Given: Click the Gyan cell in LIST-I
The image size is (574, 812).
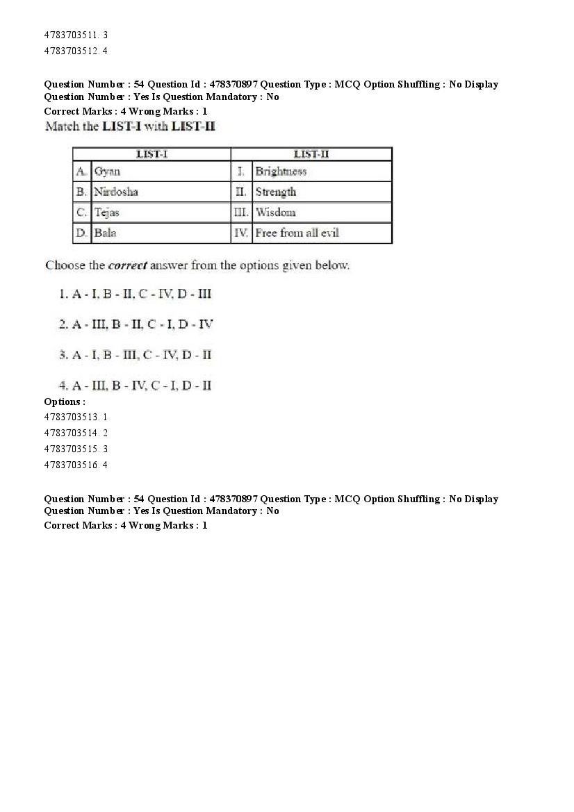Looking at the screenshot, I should [107, 172].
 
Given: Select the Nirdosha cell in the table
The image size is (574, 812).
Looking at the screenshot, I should [116, 192].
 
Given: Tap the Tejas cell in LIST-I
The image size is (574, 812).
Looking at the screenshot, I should [107, 213].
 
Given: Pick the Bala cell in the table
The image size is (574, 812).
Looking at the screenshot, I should [106, 233].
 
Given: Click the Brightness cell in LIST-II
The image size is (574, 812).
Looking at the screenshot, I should [281, 172].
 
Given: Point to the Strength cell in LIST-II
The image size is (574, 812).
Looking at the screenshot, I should [276, 192].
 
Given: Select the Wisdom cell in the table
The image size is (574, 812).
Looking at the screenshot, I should [276, 213].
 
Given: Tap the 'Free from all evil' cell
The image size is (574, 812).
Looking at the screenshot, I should [297, 233].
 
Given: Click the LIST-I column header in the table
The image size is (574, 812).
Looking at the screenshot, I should [151, 154].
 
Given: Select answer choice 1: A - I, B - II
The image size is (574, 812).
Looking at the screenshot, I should [135, 294].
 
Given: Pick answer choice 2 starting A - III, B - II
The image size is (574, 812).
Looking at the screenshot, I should [136, 324].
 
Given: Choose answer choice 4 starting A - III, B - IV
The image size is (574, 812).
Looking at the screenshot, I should [136, 385].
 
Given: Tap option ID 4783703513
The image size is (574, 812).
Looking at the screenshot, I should [75, 417].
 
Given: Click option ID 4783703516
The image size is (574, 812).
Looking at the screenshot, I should [75, 465].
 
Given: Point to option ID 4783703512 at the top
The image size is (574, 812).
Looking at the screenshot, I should [75, 51].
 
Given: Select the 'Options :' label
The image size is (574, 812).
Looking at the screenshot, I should [65, 401].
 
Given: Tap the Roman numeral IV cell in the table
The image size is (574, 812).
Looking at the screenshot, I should [240, 233].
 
